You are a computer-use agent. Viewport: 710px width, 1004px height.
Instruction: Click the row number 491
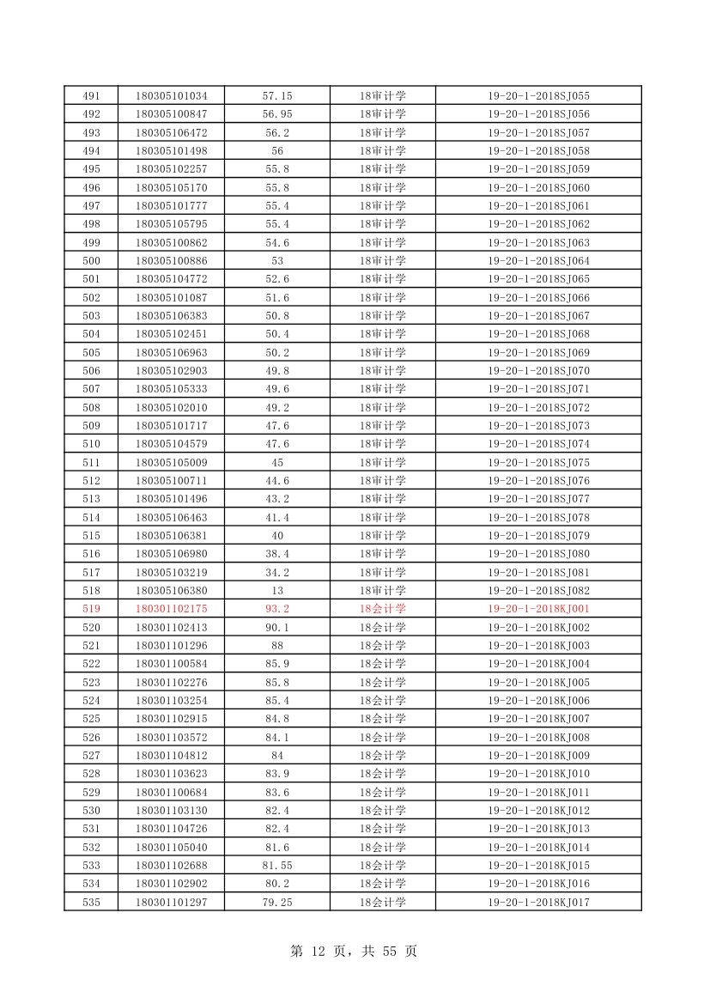click(x=91, y=96)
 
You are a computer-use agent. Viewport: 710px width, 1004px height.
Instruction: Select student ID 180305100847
click(x=171, y=114)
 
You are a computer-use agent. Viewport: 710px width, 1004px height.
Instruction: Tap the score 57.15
click(x=277, y=96)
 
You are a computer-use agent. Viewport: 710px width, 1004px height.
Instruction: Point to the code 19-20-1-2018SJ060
click(x=538, y=188)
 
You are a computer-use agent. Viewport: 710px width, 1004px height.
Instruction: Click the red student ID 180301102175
click(x=171, y=609)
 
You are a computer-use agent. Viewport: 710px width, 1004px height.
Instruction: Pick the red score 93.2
click(x=277, y=609)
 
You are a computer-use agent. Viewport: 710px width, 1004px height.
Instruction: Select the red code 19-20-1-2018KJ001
click(x=538, y=609)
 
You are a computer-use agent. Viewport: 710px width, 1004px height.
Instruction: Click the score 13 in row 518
click(x=277, y=591)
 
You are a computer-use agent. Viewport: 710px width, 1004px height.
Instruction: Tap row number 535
click(x=91, y=902)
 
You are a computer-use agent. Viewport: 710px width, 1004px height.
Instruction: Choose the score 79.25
click(x=277, y=902)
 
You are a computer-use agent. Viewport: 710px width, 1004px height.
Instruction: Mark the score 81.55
click(x=277, y=865)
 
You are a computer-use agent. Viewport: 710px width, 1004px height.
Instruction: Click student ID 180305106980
click(x=171, y=554)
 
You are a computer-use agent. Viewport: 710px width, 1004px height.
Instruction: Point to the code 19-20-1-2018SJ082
click(x=538, y=591)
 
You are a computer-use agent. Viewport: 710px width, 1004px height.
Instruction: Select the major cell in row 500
click(x=382, y=261)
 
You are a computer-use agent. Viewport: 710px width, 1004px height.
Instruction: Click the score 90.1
click(x=277, y=628)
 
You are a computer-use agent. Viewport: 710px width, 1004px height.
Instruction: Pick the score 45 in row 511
click(x=277, y=463)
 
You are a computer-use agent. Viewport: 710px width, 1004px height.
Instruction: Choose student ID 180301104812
click(x=171, y=756)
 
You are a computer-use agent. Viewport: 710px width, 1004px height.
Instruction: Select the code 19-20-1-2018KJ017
click(x=538, y=902)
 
